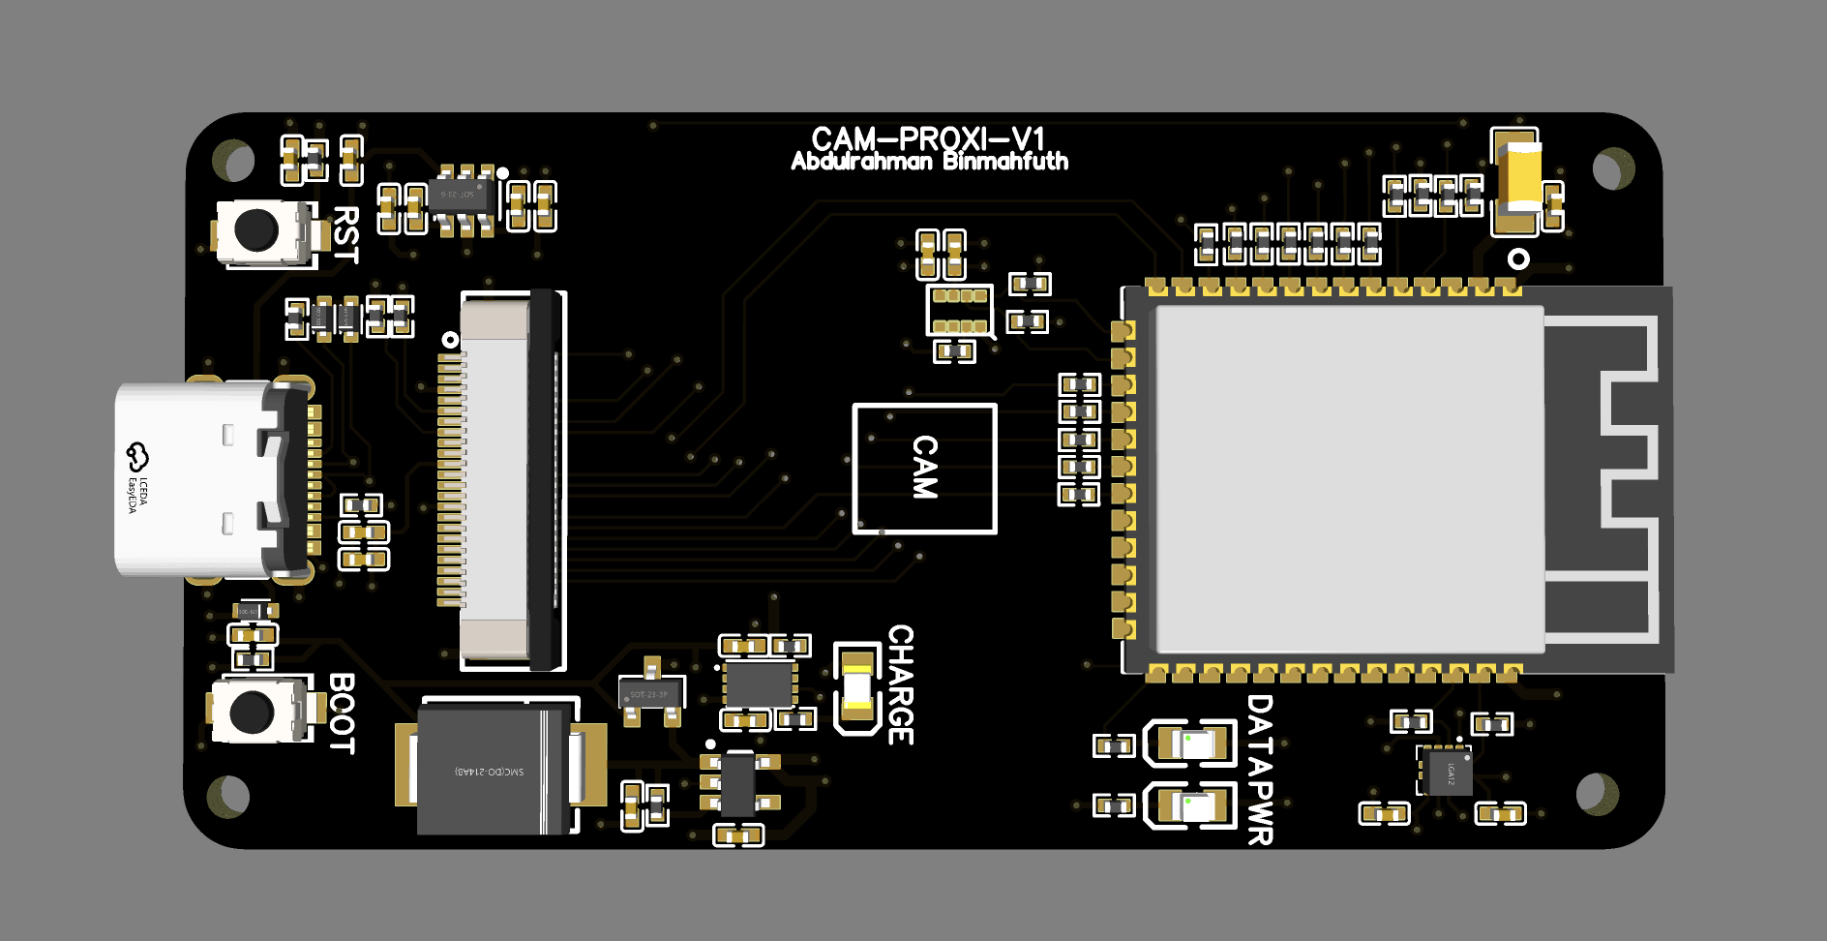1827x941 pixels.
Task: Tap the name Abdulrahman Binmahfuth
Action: pyautogui.click(x=929, y=162)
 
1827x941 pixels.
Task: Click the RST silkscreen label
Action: pyautogui.click(x=345, y=233)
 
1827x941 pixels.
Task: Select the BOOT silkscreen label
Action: pyautogui.click(x=342, y=713)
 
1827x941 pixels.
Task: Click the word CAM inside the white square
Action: pyautogui.click(x=925, y=468)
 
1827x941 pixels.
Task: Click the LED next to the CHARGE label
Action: pyautogui.click(x=856, y=687)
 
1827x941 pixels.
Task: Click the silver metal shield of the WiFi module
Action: pyautogui.click(x=1349, y=478)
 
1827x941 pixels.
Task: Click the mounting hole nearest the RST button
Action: pyautogui.click(x=233, y=160)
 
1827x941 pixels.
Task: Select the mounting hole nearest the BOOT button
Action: pyautogui.click(x=228, y=796)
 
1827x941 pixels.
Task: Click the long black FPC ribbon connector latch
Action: pyautogui.click(x=544, y=478)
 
